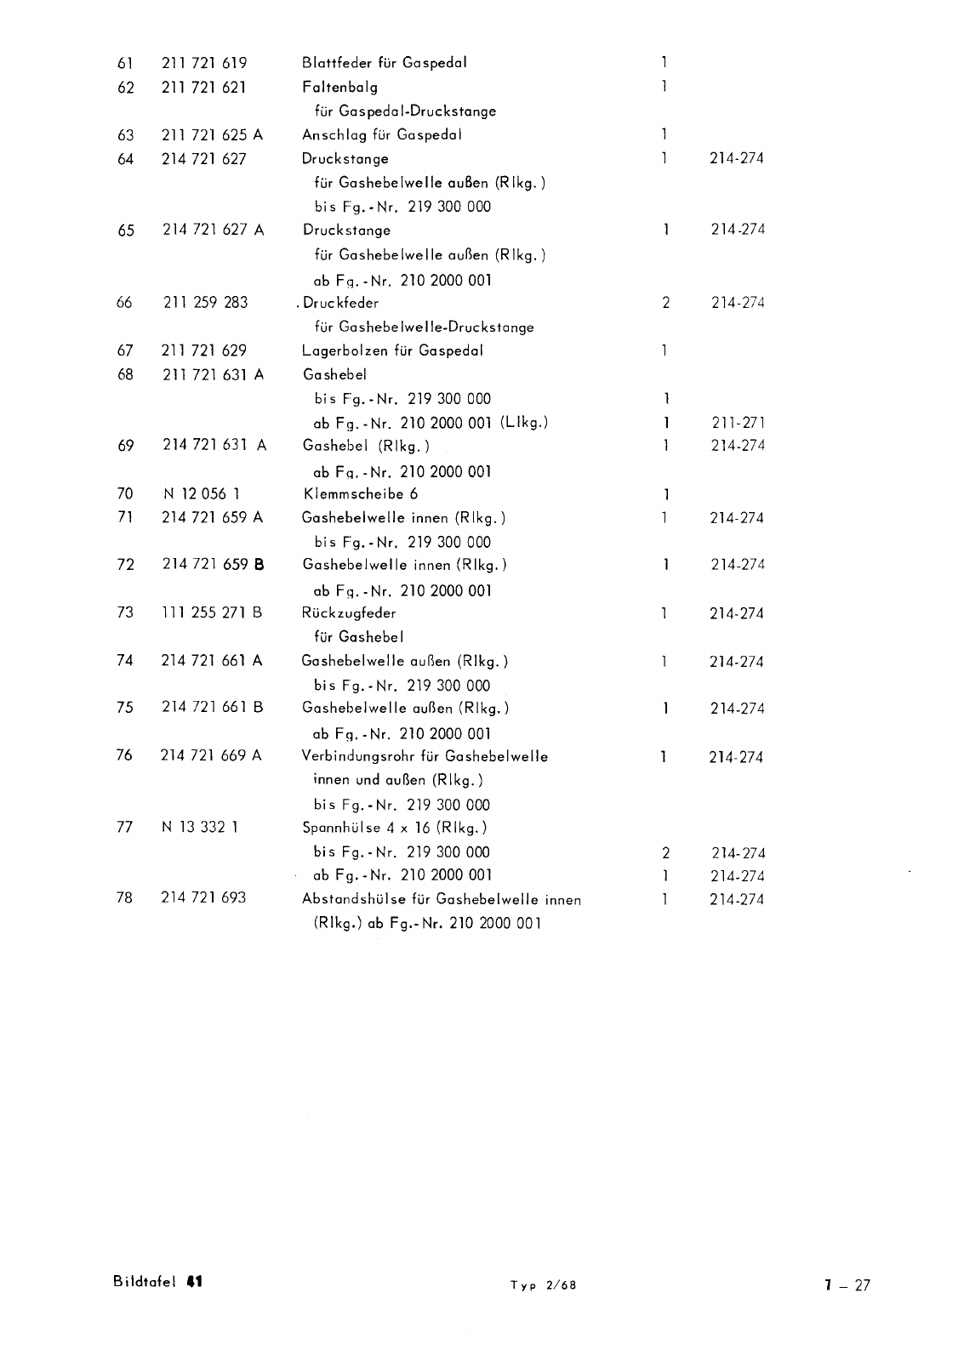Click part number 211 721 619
pos(204,63)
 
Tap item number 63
pos(125,134)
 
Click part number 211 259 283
pos(205,302)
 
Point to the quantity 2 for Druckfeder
pos(666,302)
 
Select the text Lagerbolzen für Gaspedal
pos(393,350)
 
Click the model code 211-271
pos(738,422)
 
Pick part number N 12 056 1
pos(198,493)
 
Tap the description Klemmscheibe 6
pos(361,493)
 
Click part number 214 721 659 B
pos(213,564)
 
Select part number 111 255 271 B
pos(212,612)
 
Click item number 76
pos(125,755)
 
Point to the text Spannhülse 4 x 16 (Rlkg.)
pos(395,828)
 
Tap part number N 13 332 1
pos(199,828)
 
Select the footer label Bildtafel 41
pos(157,1283)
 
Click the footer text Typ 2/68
pos(543,1285)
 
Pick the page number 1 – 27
pos(847,1285)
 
